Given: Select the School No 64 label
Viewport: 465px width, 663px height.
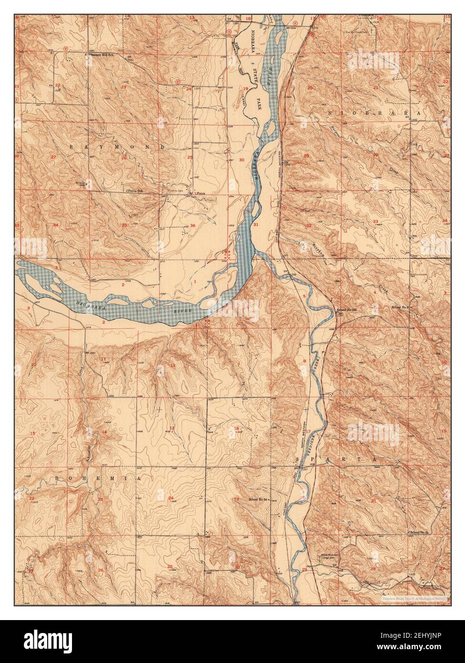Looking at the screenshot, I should click(x=259, y=499).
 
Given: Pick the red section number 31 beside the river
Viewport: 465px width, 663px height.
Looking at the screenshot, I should click(x=256, y=225).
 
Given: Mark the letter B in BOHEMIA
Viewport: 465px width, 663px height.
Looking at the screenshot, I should click(x=57, y=477).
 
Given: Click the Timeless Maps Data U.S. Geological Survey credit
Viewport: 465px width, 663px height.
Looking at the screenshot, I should click(x=412, y=597).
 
